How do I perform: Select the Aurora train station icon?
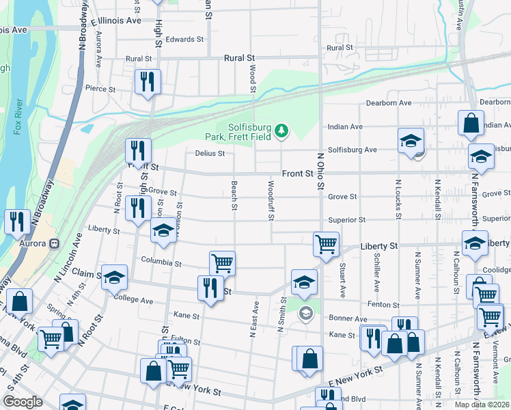point(53,243)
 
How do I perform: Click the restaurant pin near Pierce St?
point(147,83)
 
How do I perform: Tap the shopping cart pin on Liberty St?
point(327,243)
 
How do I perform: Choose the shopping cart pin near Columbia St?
point(222,262)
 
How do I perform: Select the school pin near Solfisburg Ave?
point(410,141)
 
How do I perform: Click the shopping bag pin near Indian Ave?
point(471,124)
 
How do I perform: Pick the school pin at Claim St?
point(115,277)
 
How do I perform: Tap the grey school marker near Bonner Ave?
point(305,314)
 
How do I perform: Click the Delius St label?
point(210,154)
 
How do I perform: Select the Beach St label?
point(234,195)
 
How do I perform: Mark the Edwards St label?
point(184,40)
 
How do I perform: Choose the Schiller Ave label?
point(377,262)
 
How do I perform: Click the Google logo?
point(23,402)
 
